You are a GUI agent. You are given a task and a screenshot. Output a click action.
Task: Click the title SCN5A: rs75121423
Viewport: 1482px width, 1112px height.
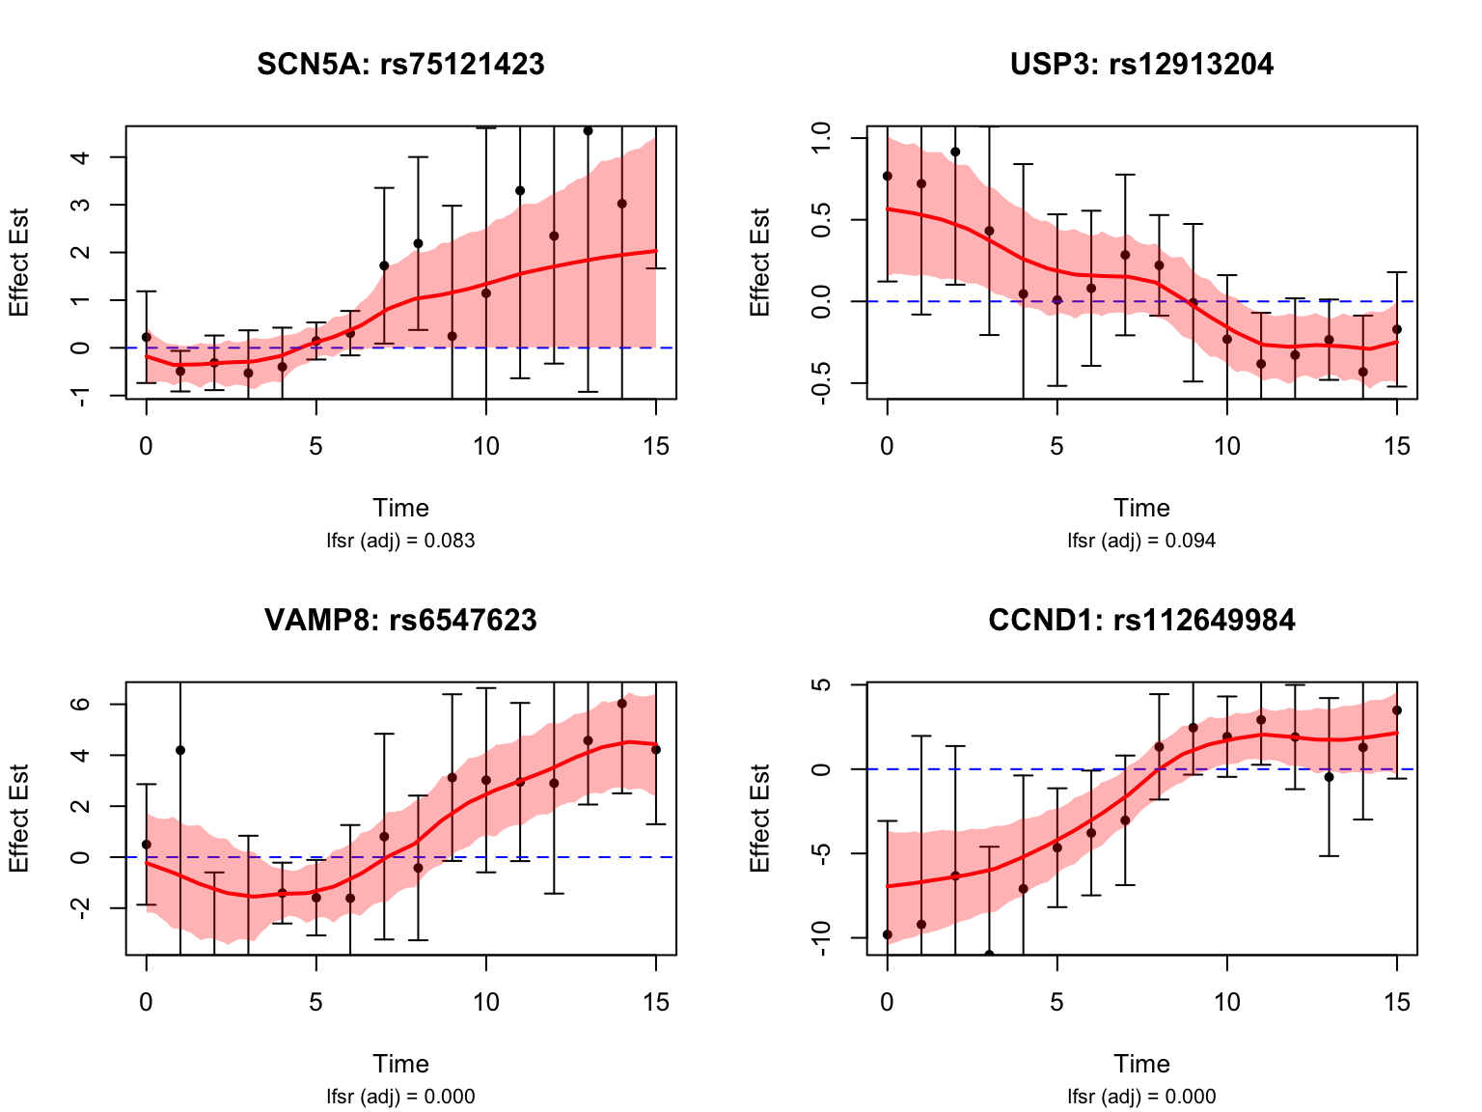coord(400,65)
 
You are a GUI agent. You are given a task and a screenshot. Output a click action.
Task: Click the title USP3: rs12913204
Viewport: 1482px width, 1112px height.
coord(1141,65)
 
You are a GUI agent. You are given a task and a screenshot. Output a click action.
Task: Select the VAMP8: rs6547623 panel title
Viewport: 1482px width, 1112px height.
coord(400,620)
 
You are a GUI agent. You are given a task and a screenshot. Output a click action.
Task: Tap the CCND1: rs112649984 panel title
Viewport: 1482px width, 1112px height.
coord(1141,620)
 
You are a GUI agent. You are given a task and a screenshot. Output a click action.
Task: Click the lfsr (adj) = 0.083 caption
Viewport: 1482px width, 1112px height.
coord(400,541)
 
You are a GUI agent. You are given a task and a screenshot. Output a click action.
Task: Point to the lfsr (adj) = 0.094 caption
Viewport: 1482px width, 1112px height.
coord(1141,541)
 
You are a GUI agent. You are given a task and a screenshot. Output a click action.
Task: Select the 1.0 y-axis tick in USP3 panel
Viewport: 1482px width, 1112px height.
coord(823,138)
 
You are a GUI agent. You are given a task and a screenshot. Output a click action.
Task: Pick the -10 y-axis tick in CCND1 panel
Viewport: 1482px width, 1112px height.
coord(823,937)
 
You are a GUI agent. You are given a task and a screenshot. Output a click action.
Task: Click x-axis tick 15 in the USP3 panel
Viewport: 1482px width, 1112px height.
coord(1397,447)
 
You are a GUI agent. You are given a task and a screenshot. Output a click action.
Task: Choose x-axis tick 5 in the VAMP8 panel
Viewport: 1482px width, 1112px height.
coord(316,1003)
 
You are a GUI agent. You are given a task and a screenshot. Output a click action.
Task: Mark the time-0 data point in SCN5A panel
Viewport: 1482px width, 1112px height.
coord(147,337)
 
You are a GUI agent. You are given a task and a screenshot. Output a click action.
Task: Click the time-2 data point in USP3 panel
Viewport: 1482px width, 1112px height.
coord(955,152)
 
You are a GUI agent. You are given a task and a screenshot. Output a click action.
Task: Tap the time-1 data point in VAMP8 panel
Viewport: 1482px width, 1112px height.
coord(180,750)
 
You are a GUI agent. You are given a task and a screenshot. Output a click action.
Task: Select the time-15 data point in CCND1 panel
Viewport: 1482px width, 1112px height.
coord(1397,710)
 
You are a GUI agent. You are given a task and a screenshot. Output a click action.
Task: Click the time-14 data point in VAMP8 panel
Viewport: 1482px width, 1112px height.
coord(622,704)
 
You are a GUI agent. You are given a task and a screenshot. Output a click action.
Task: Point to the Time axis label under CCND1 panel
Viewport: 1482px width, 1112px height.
coord(1141,1064)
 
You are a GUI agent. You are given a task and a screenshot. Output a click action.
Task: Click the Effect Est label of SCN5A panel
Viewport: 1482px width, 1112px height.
coord(19,262)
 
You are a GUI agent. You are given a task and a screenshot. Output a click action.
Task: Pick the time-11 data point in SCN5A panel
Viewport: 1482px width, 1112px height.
coord(520,191)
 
